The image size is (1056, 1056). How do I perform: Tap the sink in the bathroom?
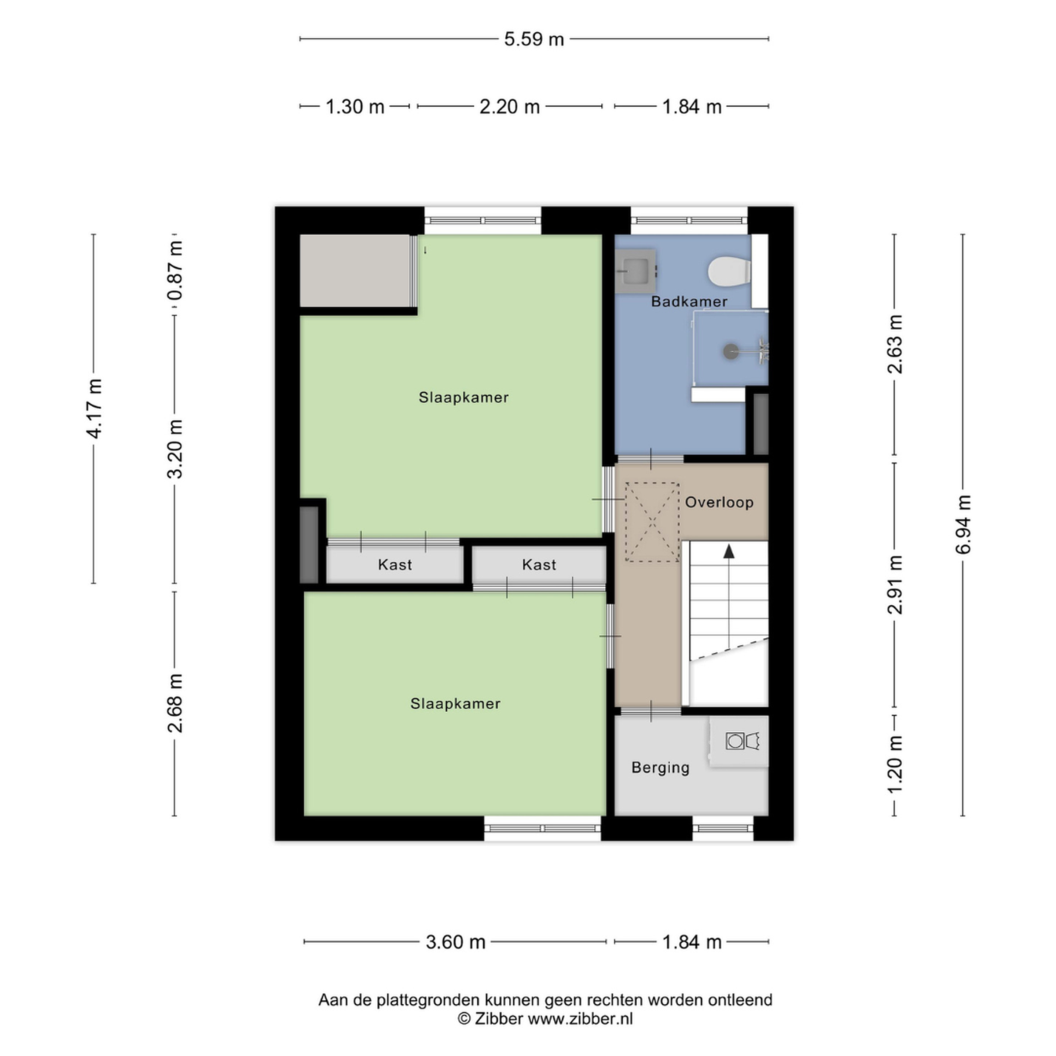636,271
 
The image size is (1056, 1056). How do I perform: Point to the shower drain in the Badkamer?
731,352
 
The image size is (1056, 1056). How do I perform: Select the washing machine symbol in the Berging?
734,741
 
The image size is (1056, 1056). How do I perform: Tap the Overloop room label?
719,502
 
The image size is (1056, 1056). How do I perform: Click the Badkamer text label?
689,302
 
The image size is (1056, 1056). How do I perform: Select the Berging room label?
660,768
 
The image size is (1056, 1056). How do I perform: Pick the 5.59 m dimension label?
534,39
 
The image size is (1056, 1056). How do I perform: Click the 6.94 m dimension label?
963,524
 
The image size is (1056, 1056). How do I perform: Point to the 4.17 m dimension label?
94,408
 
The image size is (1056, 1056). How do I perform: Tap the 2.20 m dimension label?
509,107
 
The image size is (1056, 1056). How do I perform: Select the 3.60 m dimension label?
456,942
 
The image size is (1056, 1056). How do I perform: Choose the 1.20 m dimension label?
895,764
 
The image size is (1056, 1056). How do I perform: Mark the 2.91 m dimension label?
895,585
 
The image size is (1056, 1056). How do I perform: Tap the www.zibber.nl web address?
580,1019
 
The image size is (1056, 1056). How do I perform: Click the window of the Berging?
723,828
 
